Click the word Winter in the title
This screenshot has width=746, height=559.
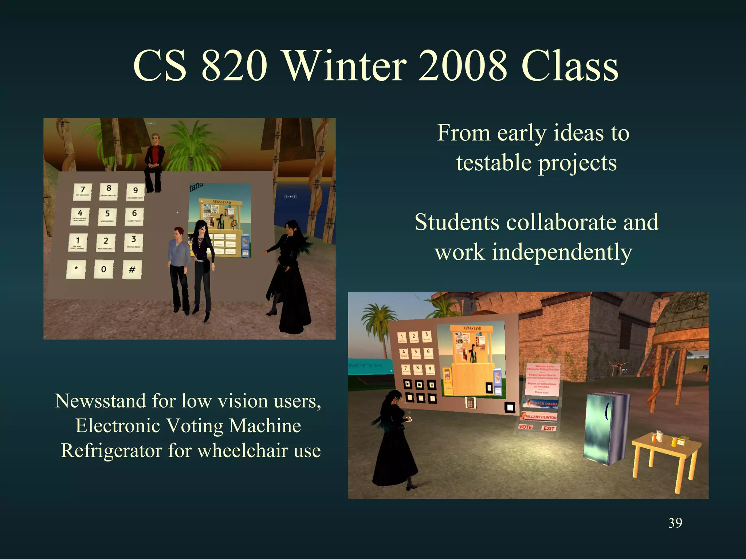pos(345,66)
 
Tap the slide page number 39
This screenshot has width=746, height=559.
pos(675,523)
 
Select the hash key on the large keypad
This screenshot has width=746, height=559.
pos(132,269)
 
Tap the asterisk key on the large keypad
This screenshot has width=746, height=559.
pos(76,269)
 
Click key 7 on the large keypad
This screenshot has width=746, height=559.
pos(82,191)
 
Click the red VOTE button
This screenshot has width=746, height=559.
pos(525,427)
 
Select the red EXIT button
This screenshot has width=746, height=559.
pos(549,428)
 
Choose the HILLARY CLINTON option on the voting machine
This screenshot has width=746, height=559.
pos(540,416)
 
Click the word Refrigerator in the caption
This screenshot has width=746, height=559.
pos(111,451)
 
